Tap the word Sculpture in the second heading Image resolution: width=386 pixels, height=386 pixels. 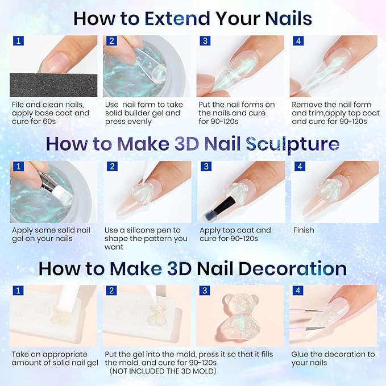coord(293,143)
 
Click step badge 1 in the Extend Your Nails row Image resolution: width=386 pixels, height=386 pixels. coord(18,41)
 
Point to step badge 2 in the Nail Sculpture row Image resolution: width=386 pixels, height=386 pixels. coord(111,167)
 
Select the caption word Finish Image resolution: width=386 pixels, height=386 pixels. coord(304,230)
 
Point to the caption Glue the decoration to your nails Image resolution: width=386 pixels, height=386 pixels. coord(333,358)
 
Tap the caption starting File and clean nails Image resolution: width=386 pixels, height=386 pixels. coord(50,113)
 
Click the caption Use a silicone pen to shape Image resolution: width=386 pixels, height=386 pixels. coord(146,238)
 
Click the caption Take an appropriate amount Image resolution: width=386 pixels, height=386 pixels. coord(54,358)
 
